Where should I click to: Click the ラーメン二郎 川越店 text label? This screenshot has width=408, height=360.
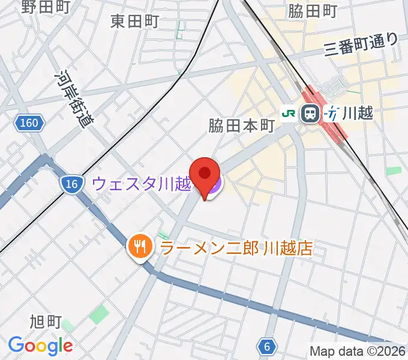pyautogui.click(x=235, y=247)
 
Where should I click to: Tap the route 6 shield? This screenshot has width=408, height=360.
pyautogui.click(x=266, y=346)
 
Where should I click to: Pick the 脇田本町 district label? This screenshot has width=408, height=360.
pyautogui.click(x=241, y=126)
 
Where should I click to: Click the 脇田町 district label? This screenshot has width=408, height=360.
pyautogui.click(x=313, y=10)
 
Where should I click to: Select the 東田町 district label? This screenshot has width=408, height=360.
pyautogui.click(x=135, y=22)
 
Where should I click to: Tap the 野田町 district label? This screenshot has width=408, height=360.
pyautogui.click(x=46, y=7)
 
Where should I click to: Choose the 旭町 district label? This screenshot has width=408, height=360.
pyautogui.click(x=45, y=322)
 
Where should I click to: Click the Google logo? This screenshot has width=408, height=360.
pyautogui.click(x=40, y=346)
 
